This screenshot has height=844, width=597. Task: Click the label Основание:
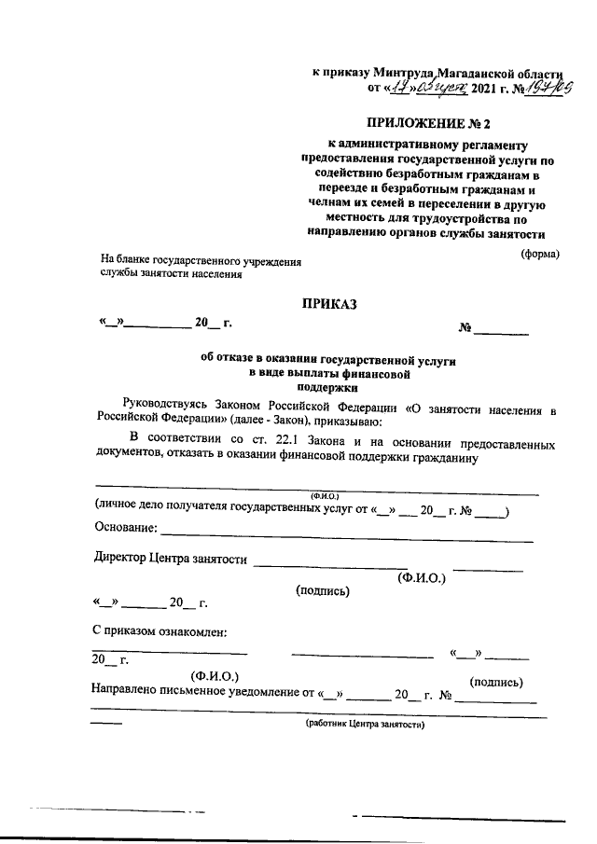tap(126, 529)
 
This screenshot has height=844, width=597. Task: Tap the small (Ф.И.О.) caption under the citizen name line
tap(323, 495)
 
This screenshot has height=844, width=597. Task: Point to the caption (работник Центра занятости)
tap(365, 724)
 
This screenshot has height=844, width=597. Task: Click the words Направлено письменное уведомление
tap(192, 694)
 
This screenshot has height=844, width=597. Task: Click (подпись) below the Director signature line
tap(322, 590)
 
